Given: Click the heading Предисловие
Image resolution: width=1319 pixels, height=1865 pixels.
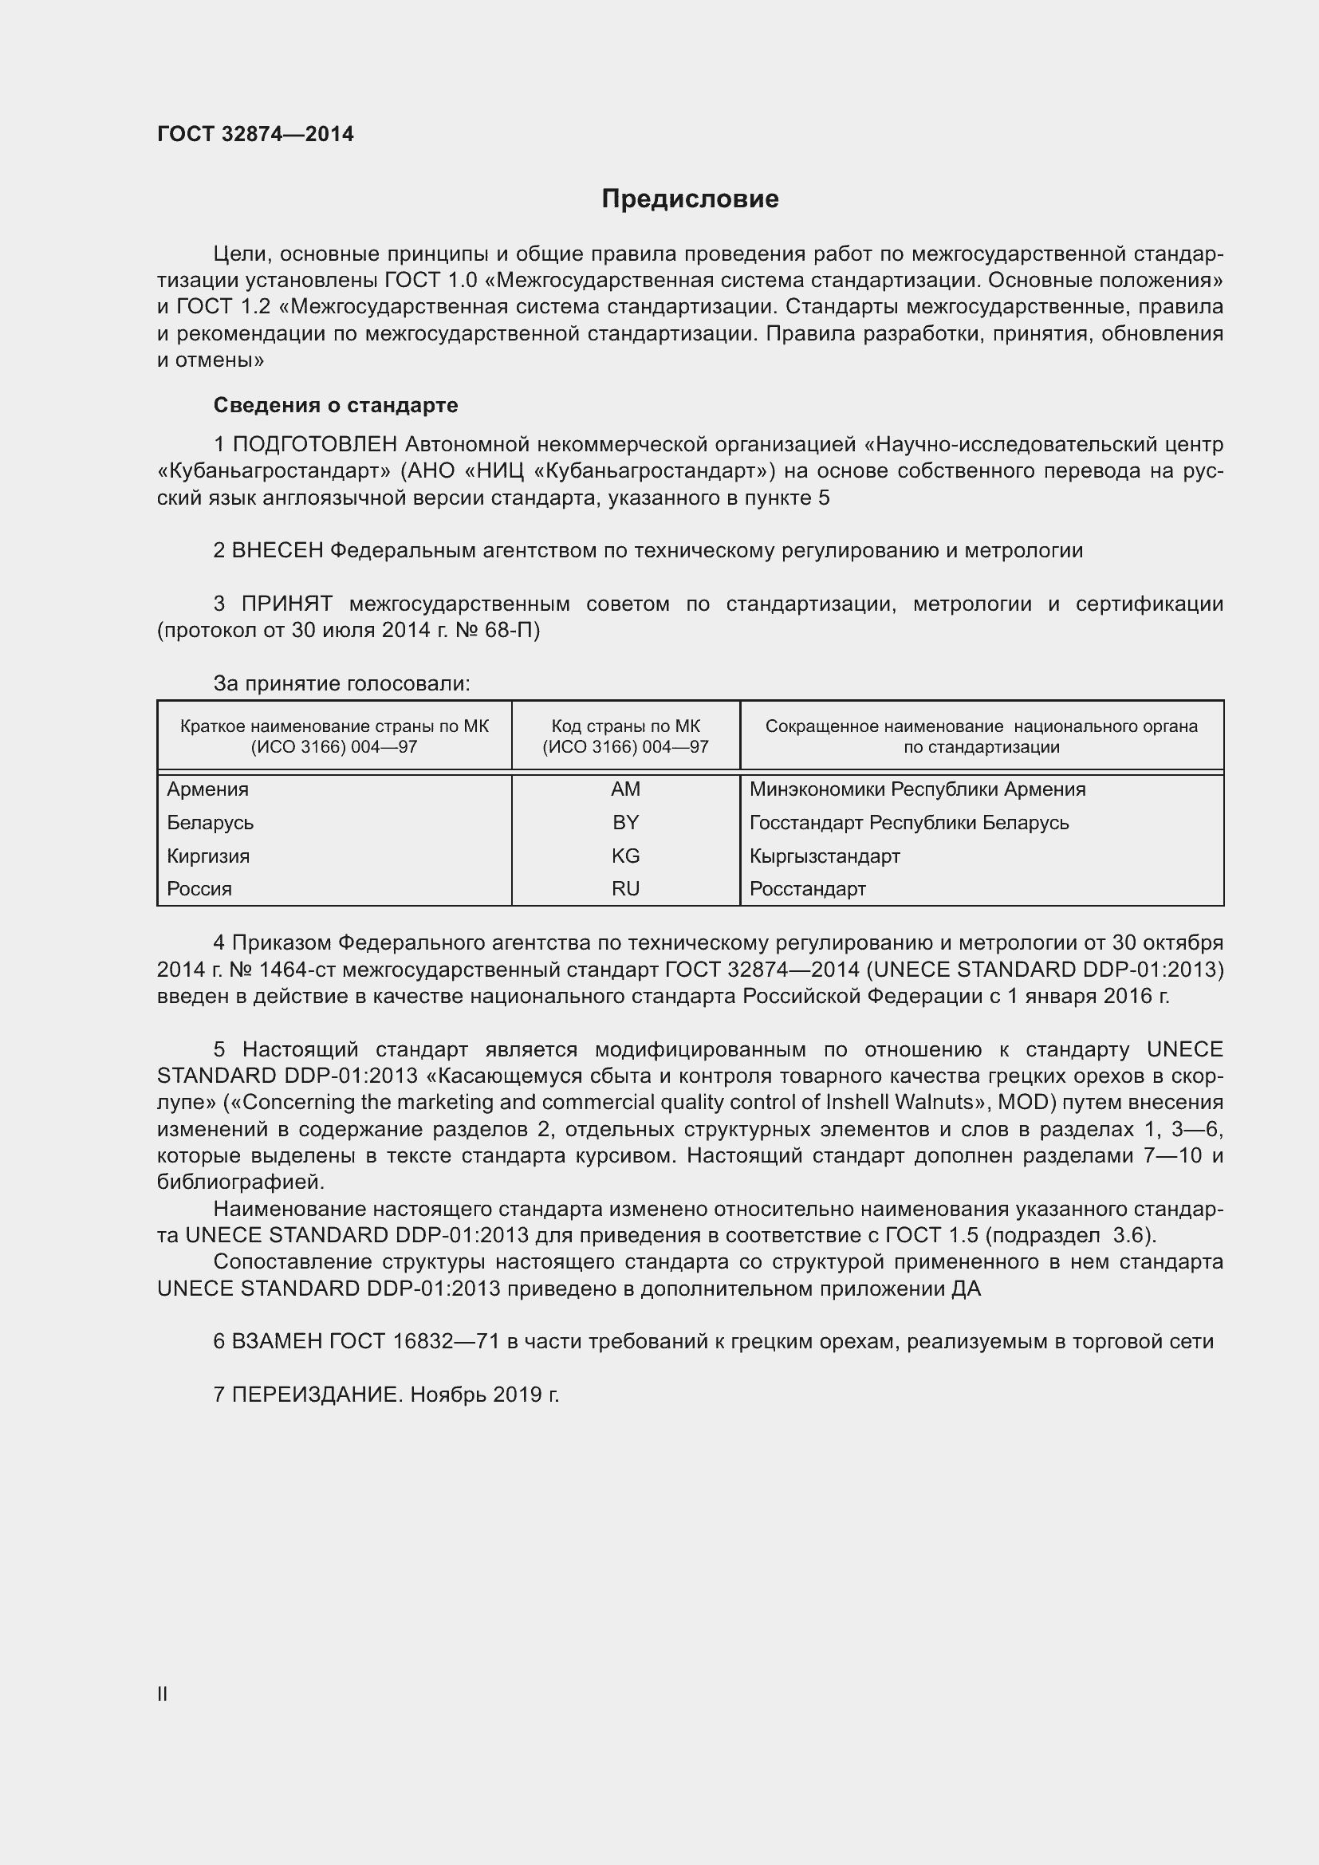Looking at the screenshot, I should pos(690,199).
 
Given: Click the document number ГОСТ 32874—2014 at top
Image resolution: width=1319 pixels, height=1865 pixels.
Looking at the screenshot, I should pos(255,134).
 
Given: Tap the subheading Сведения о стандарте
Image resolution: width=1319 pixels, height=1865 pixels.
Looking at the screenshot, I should pos(336,404).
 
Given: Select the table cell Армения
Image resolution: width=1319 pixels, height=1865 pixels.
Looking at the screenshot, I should pos(208,789).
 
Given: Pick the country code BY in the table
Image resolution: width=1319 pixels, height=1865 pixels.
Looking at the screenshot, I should pos(625,822).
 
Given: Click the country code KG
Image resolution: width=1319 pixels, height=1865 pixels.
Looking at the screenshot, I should pos(625,856).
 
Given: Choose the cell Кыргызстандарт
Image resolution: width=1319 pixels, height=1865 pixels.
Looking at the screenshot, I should pos(825,856).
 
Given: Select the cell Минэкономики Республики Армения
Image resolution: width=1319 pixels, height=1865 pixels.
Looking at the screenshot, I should pos(917,789).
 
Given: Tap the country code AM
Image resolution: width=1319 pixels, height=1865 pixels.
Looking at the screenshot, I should pos(625,789).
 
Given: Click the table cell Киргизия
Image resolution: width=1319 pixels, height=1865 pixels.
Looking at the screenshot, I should pos(209,856).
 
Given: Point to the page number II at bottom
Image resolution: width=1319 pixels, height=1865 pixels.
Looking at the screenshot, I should pos(163,1694).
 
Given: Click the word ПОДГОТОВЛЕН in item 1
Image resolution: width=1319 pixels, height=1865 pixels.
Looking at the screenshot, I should pos(315,444).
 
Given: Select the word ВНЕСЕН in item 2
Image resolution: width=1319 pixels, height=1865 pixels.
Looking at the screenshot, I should pos(278,551).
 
